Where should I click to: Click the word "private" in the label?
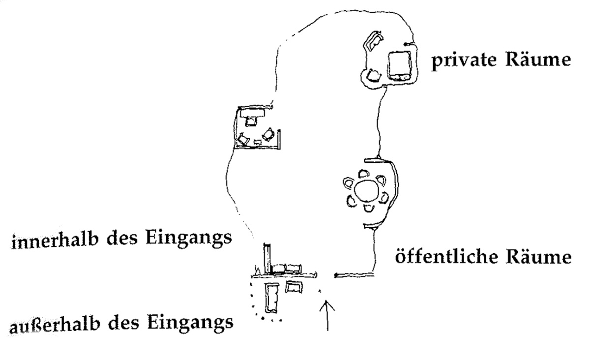(x=464, y=60)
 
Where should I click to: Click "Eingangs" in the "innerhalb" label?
(x=189, y=239)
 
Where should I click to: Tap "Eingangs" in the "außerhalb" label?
(x=190, y=323)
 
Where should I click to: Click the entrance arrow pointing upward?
(x=327, y=315)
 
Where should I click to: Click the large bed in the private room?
(x=400, y=66)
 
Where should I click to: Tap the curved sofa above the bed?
(x=373, y=41)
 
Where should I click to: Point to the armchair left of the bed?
(x=374, y=76)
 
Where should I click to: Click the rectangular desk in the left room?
(x=252, y=113)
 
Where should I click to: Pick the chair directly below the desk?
(x=251, y=121)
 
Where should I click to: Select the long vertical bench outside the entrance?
(x=272, y=298)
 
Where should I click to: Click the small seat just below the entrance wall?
(x=294, y=287)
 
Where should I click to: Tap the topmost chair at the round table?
(x=364, y=174)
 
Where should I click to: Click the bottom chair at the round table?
(x=369, y=209)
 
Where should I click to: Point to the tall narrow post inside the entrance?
(x=267, y=259)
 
